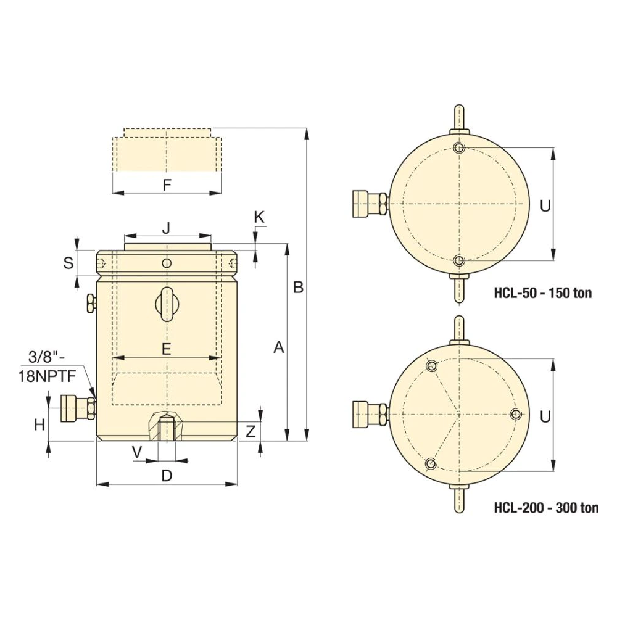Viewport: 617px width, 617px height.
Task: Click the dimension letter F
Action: (167, 185)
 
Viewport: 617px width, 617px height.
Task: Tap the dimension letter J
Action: (167, 228)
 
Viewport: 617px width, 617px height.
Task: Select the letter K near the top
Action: (259, 217)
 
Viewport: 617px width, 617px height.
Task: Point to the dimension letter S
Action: (68, 263)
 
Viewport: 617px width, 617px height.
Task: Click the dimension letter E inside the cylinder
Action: (167, 349)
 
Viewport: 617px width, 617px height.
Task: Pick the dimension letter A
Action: (279, 347)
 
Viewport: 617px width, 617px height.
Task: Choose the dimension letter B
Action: (298, 288)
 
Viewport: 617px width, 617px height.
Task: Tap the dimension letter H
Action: (39, 424)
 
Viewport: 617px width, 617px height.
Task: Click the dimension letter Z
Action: (251, 432)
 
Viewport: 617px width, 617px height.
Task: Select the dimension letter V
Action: (137, 452)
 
